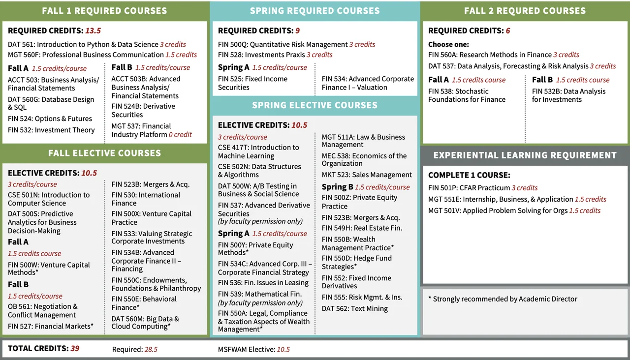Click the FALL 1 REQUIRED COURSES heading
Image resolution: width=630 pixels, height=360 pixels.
(x=104, y=11)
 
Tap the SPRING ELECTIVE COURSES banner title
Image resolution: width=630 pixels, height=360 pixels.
(x=315, y=105)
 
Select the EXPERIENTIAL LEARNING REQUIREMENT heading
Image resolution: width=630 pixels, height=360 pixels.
(x=525, y=155)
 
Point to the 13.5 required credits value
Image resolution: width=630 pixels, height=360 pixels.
(x=93, y=30)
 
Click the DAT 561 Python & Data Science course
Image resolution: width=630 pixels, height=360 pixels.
(x=83, y=44)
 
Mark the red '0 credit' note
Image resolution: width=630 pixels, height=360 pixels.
(x=180, y=134)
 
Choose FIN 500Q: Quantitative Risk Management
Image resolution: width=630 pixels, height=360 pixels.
(x=283, y=44)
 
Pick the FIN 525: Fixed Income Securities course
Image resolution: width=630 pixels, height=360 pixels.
(x=252, y=83)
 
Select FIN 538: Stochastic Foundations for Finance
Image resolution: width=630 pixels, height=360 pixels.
(x=467, y=95)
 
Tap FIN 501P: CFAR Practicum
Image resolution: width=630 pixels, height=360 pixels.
(x=469, y=188)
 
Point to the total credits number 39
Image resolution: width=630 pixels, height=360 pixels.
(x=75, y=349)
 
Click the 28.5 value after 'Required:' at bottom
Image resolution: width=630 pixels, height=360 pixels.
(x=151, y=349)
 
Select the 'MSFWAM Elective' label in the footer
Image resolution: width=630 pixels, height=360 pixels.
(x=246, y=349)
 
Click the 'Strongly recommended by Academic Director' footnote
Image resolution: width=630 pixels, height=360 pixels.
(x=503, y=299)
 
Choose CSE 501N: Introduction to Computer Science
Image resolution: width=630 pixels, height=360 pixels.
(x=49, y=199)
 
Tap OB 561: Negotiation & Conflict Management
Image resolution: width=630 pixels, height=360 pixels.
(x=42, y=311)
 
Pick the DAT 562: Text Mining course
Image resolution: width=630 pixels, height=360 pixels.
(x=354, y=309)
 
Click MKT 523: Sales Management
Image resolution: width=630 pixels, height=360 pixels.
(x=367, y=175)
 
